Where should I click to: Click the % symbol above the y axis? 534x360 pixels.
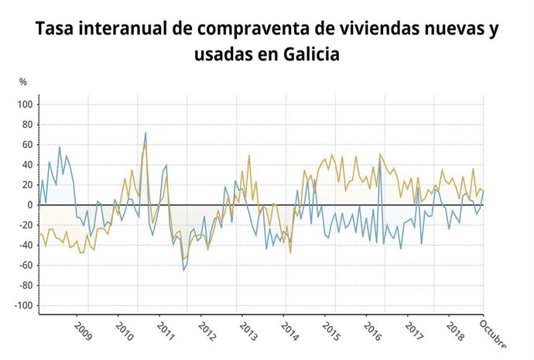(x=23, y=82)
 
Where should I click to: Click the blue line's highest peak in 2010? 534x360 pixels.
(x=145, y=133)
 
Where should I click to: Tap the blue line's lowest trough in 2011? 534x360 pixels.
(x=183, y=270)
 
